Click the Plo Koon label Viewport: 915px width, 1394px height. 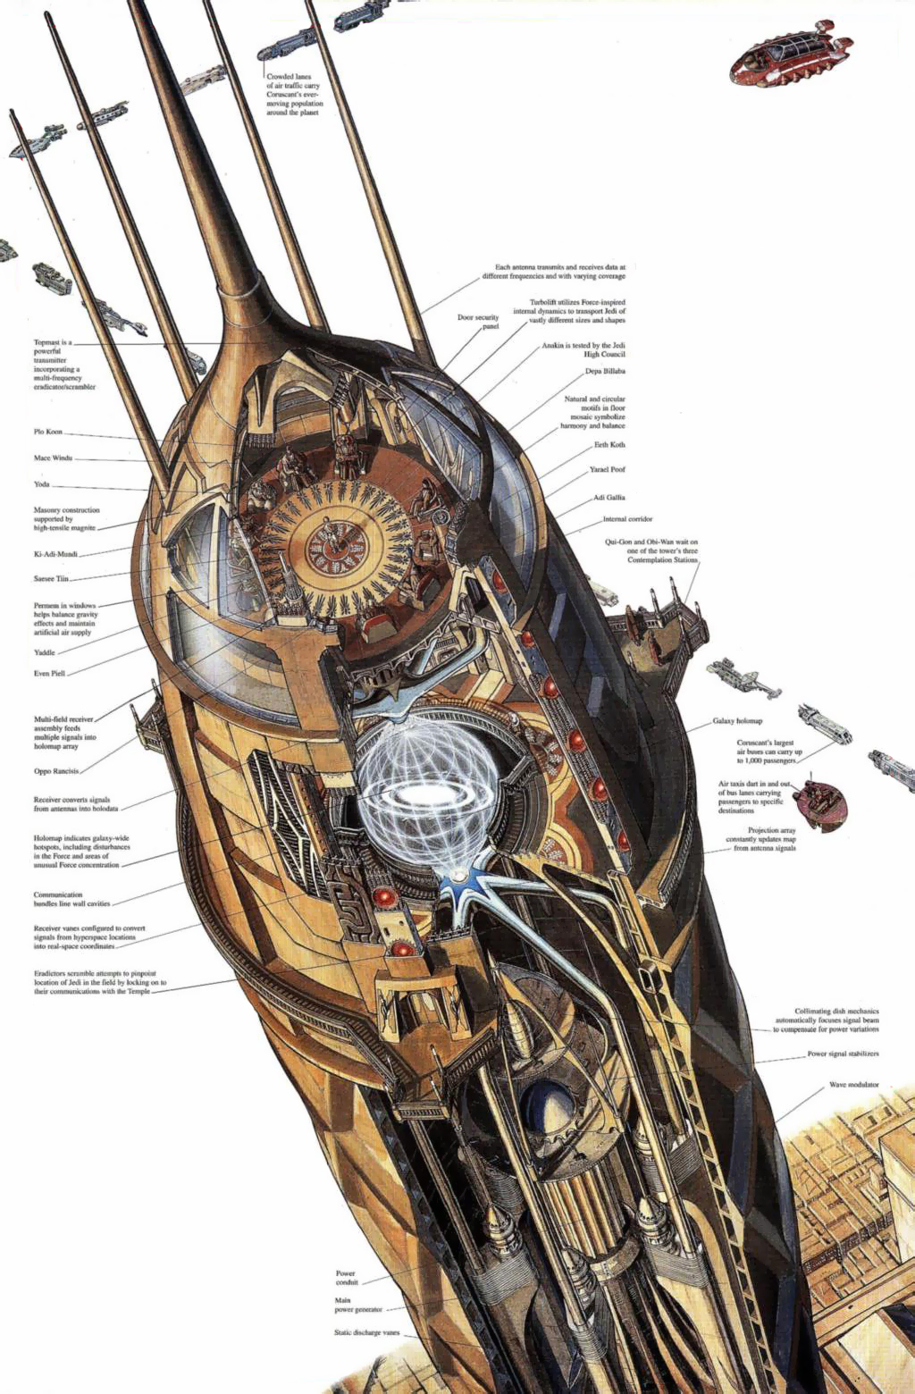tap(48, 432)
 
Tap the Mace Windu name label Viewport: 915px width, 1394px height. tap(53, 458)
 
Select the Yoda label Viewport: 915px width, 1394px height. tap(42, 484)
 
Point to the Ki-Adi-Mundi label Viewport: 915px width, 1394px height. tap(55, 554)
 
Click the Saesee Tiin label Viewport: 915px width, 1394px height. tap(51, 579)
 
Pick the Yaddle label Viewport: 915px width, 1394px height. tap(45, 652)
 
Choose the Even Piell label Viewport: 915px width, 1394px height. tap(49, 673)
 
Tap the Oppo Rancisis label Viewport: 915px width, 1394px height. tap(56, 771)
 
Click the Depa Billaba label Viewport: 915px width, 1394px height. tap(605, 371)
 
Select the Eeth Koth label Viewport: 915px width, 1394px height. tap(609, 445)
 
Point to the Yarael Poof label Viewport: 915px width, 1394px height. tap(607, 469)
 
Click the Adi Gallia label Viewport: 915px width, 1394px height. tap(609, 498)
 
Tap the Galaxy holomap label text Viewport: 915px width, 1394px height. tap(737, 721)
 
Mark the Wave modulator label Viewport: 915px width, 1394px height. tap(853, 1085)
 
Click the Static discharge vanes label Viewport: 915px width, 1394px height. tap(366, 1332)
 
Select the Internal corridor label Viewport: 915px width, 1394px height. tap(627, 519)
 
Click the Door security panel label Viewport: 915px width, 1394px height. tap(478, 322)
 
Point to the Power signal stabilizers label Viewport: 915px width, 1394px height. tap(843, 1054)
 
